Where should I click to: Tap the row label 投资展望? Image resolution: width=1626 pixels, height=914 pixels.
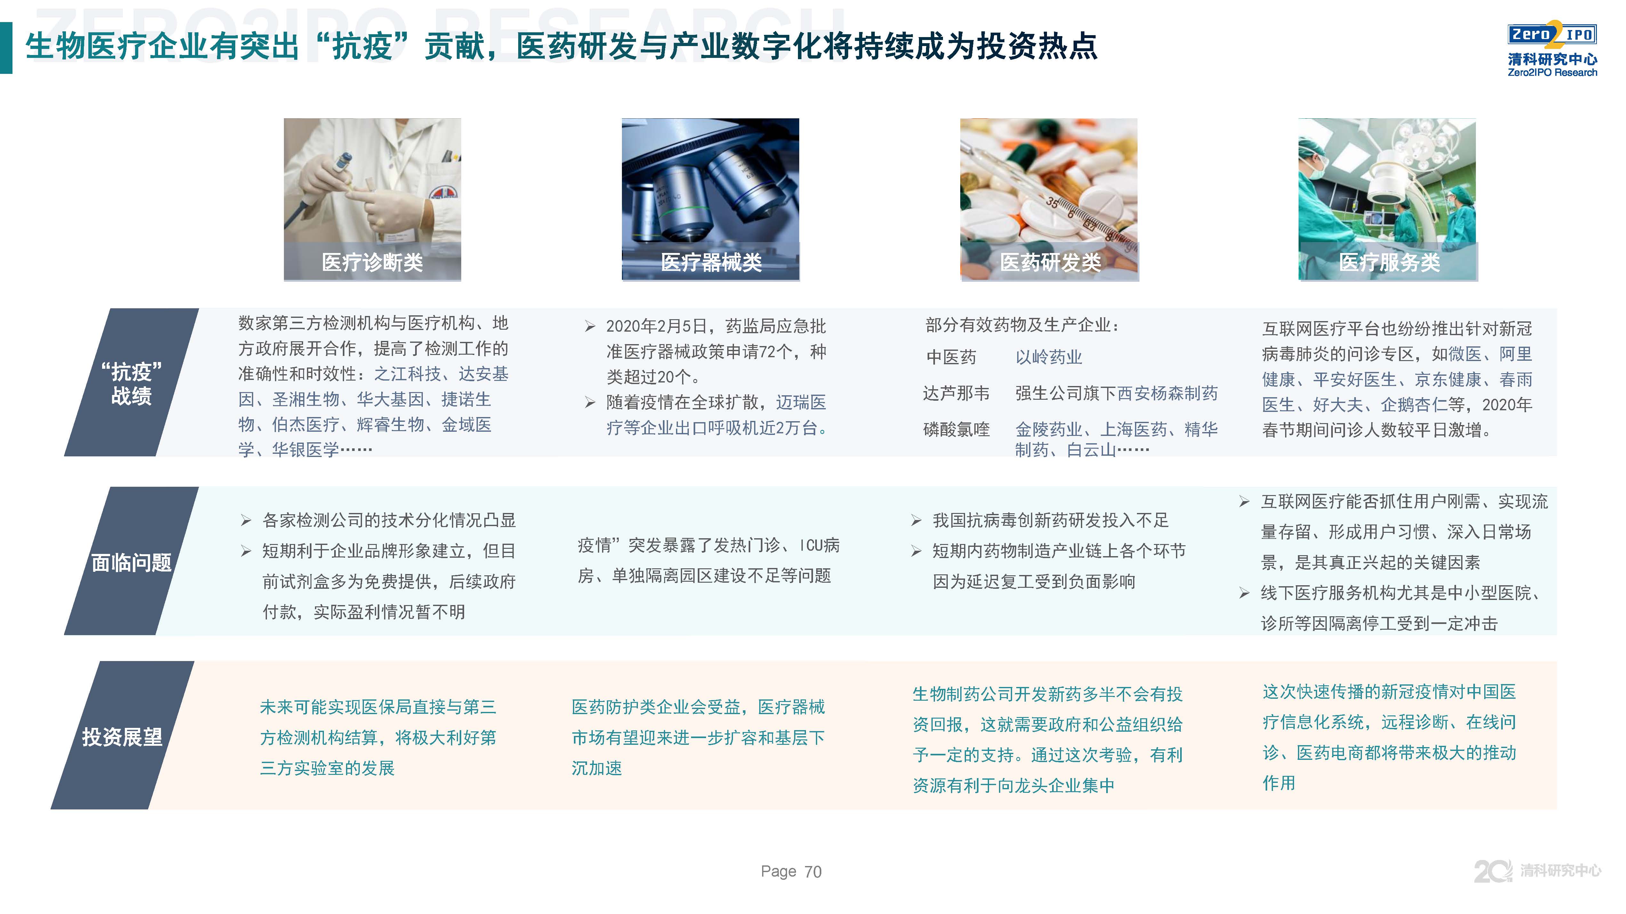coord(122,737)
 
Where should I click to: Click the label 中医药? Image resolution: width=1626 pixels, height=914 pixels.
coord(951,357)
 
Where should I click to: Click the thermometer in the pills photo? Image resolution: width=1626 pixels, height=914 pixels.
coord(1086,221)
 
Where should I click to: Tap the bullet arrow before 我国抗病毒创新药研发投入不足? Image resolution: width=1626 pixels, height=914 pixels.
coord(916,520)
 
